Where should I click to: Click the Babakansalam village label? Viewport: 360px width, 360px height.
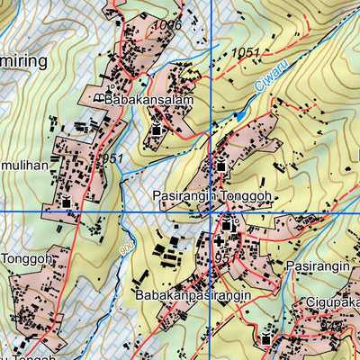click(x=148, y=101)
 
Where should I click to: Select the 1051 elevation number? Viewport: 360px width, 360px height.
click(x=245, y=54)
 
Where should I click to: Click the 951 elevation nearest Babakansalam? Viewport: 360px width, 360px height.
click(x=112, y=158)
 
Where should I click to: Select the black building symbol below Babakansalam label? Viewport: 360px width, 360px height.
click(x=157, y=133)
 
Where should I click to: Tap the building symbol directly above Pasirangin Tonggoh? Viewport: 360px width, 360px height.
click(x=220, y=165)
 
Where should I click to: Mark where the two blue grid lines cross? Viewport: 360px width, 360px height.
click(x=211, y=211)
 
